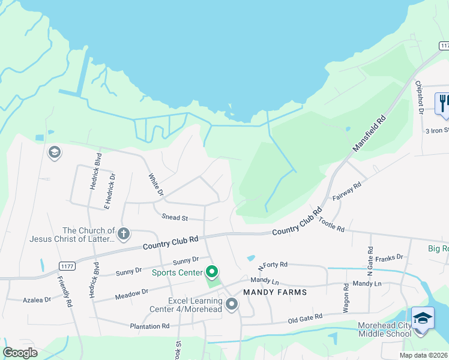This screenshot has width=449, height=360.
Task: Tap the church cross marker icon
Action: click(124, 233)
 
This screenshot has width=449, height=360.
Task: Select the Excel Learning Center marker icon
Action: click(232, 305)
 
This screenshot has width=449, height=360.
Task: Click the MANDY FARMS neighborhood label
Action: click(275, 292)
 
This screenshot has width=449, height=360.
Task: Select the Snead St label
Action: click(175, 217)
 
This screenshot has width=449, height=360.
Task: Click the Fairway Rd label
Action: click(349, 194)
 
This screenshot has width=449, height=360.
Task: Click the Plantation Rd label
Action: click(150, 326)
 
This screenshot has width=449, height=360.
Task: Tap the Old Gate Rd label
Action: click(304, 317)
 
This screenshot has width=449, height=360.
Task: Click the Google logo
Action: click(20, 353)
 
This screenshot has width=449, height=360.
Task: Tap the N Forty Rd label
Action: click(273, 265)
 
